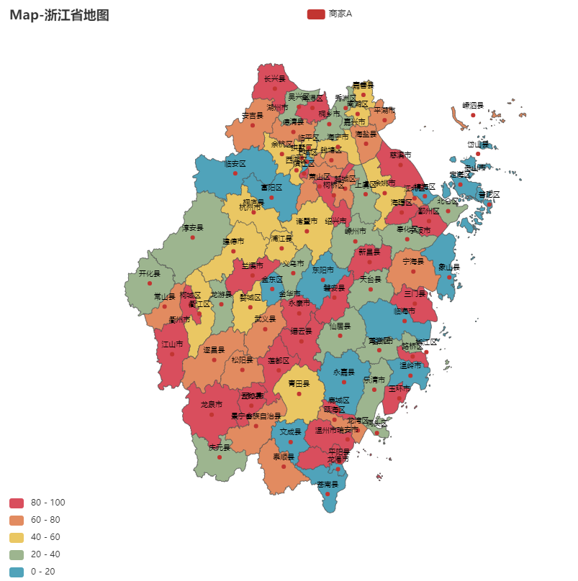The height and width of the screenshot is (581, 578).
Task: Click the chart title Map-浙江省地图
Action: [x=59, y=14]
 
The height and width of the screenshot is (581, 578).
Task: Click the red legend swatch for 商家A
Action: [x=315, y=14]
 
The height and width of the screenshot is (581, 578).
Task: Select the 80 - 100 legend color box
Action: [x=17, y=502]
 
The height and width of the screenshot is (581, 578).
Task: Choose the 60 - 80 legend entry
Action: [x=17, y=519]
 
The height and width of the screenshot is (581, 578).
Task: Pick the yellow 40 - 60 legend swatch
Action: [x=17, y=537]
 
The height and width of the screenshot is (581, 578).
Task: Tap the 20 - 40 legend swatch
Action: [x=17, y=554]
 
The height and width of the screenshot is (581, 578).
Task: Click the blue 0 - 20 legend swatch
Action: [x=17, y=572]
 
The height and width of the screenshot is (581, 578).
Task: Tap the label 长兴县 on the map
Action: [x=274, y=78]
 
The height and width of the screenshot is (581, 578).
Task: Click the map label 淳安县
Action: [x=192, y=227]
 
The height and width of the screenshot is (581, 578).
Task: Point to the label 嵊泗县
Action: [x=473, y=104]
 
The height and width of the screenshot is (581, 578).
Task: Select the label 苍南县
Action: [x=328, y=484]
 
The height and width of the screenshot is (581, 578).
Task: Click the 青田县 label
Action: [x=299, y=383]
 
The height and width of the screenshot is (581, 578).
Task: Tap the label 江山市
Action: [x=172, y=344]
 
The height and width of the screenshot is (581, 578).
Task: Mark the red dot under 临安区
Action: [x=235, y=173]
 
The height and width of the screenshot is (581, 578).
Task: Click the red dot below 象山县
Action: [x=449, y=276]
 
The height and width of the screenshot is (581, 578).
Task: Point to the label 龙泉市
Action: [x=212, y=405]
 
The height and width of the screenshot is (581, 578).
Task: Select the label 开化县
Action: [x=150, y=273]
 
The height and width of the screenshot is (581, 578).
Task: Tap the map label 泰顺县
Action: [x=284, y=456]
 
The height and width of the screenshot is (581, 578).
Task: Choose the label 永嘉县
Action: [x=345, y=372]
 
